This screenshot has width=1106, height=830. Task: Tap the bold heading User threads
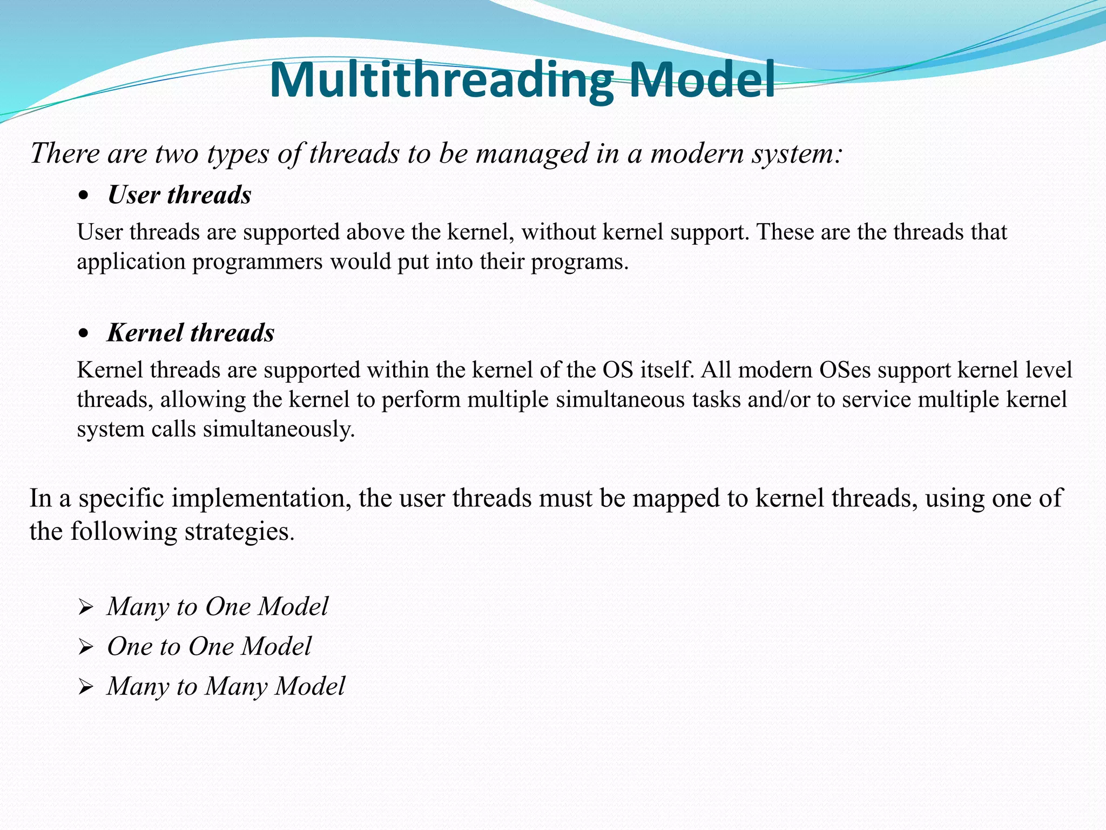[179, 195]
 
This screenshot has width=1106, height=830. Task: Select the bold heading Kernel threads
[191, 333]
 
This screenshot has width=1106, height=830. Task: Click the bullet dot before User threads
[83, 197]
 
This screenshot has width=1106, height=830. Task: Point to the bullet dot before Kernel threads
[83, 334]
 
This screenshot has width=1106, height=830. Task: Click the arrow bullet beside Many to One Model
[85, 608]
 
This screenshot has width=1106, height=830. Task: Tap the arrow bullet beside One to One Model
[85, 647]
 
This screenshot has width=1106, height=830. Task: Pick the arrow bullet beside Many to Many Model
[85, 687]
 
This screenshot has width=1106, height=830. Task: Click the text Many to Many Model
[226, 686]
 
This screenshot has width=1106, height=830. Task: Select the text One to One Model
[210, 646]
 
